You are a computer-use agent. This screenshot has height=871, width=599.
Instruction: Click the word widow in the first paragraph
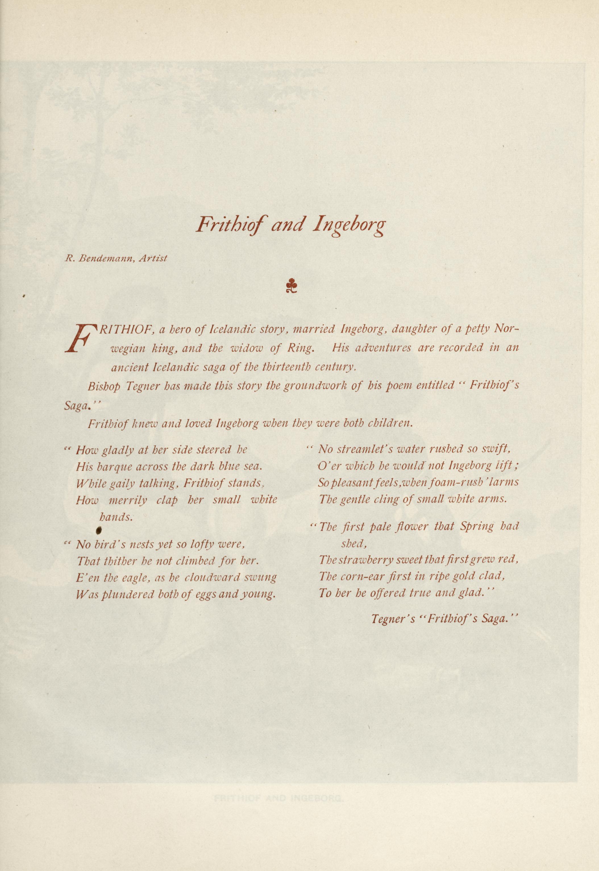click(x=247, y=348)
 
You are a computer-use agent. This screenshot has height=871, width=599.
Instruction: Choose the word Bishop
click(x=104, y=386)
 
